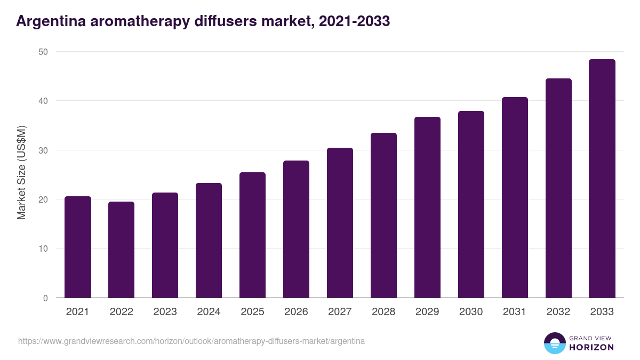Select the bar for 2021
click(78, 247)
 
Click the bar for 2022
click(122, 250)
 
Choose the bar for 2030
click(471, 204)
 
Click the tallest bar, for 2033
click(602, 179)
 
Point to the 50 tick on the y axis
click(43, 52)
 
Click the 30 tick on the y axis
click(43, 150)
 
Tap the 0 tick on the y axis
click(45, 298)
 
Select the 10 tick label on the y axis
click(43, 249)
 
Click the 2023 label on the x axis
click(165, 312)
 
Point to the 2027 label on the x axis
click(340, 312)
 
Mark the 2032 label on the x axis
click(558, 312)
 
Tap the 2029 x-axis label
click(427, 312)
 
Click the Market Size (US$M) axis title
click(21, 172)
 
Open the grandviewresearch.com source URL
click(191, 341)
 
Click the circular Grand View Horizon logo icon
click(555, 343)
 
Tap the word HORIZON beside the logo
click(591, 347)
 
